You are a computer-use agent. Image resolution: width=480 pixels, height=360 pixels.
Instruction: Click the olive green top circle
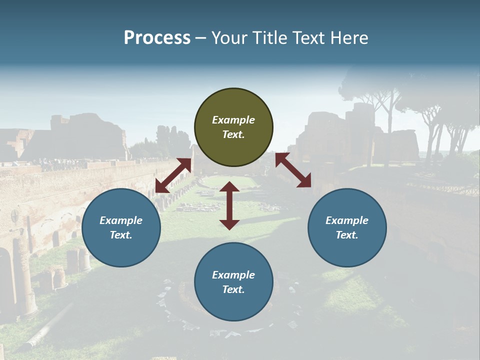(x=233, y=127)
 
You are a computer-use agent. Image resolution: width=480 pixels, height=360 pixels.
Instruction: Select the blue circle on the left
(x=121, y=228)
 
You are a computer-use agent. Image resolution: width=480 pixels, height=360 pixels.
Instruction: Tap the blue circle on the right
(x=347, y=228)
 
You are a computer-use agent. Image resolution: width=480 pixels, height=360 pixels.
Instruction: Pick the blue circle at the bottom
(x=233, y=282)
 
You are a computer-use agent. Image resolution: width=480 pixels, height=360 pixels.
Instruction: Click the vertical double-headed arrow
(x=229, y=205)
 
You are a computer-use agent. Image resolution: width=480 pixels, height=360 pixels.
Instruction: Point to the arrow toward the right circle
(x=293, y=170)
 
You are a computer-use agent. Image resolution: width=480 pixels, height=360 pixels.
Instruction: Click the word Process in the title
(x=157, y=37)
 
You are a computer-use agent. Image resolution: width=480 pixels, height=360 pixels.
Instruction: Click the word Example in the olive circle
(x=233, y=120)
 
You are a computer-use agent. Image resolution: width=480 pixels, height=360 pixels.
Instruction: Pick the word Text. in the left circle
(x=121, y=235)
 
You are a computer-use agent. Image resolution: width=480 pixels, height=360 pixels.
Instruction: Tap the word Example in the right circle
(x=347, y=220)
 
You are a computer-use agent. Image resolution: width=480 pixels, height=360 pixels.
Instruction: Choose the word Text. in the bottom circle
(x=233, y=289)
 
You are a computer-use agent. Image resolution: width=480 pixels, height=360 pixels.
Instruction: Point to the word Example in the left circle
(x=121, y=220)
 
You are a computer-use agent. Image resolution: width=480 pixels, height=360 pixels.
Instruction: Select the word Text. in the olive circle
(x=233, y=134)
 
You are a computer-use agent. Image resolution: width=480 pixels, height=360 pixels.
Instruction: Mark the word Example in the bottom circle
(x=233, y=275)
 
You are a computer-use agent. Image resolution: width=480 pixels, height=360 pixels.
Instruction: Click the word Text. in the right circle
(x=347, y=235)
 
